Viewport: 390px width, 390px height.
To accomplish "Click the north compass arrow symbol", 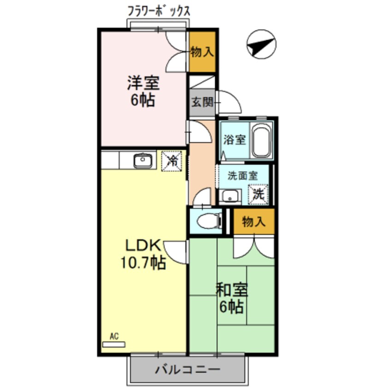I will pos(261,45).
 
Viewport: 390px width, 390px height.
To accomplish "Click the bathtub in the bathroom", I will pos(261,140).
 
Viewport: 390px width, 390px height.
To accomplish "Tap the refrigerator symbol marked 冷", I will pos(173,161).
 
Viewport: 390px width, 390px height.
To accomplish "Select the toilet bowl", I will pos(206,222).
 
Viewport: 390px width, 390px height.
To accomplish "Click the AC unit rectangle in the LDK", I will pos(113,344).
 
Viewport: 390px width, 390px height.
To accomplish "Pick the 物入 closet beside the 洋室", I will pos(202,51).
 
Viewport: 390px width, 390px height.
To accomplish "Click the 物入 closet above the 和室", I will pos(254,222).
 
